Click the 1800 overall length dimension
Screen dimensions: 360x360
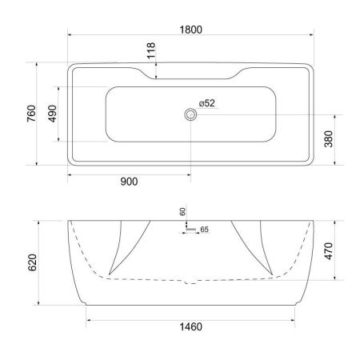point(190,29)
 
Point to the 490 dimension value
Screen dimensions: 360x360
point(54,114)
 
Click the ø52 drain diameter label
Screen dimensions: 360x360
point(206,103)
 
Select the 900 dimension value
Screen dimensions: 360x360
point(128,182)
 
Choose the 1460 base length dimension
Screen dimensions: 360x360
point(190,326)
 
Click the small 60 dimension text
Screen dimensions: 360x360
point(182,212)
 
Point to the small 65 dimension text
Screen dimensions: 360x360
point(204,230)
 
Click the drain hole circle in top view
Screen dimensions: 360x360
point(190,114)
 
